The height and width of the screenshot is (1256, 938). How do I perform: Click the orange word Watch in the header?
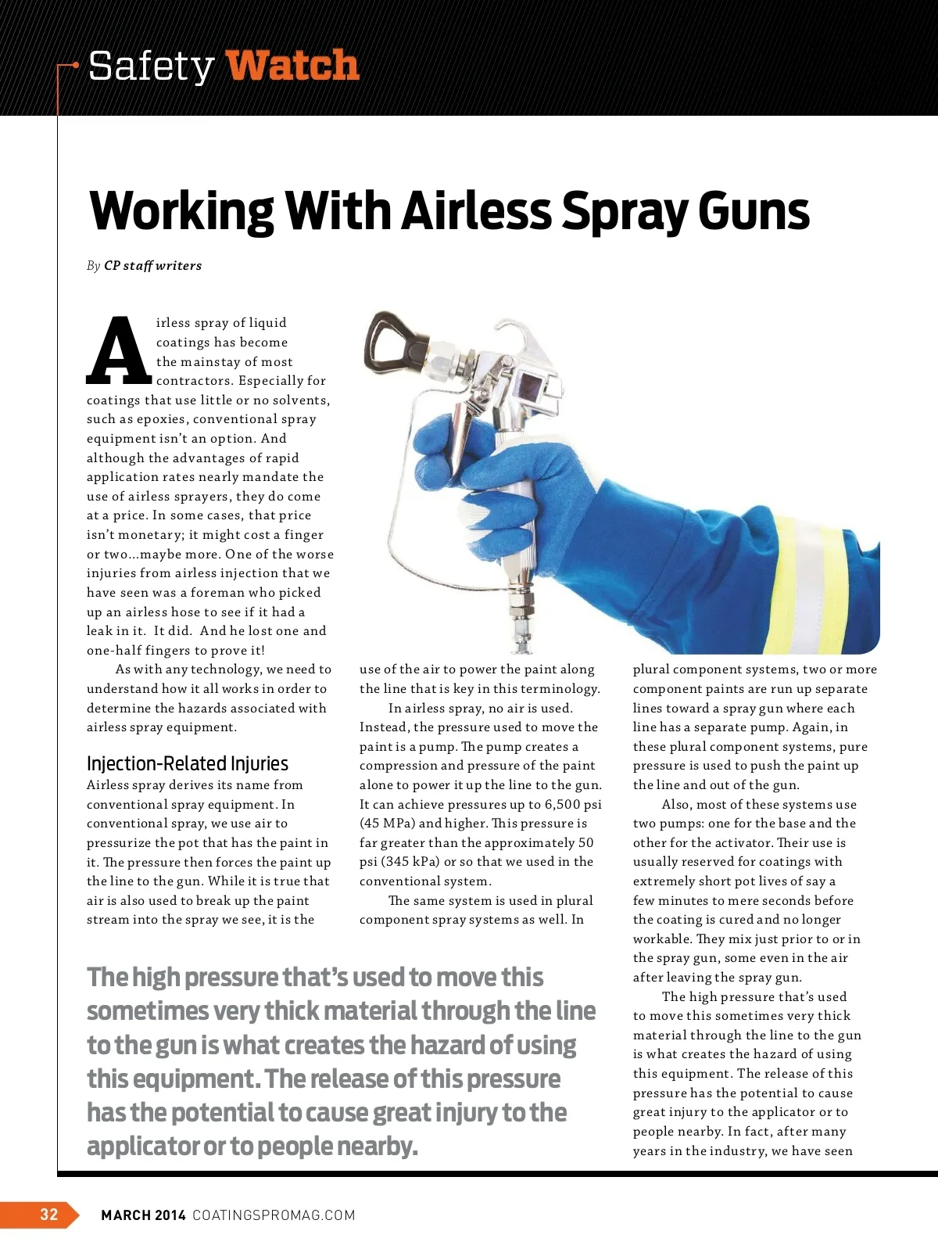coord(292,65)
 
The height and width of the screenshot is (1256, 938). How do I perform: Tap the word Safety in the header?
coord(151,66)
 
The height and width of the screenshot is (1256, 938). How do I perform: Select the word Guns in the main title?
coord(754,211)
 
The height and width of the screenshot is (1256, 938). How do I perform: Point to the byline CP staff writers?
coord(152,266)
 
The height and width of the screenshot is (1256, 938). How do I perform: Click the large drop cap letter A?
coord(118,351)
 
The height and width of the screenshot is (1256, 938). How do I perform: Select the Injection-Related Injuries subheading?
coord(188,763)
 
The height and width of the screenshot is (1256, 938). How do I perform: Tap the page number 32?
coord(48,1214)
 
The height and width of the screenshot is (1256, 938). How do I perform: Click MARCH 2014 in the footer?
coord(143,1215)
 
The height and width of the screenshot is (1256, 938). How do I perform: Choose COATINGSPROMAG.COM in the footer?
coord(274,1215)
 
